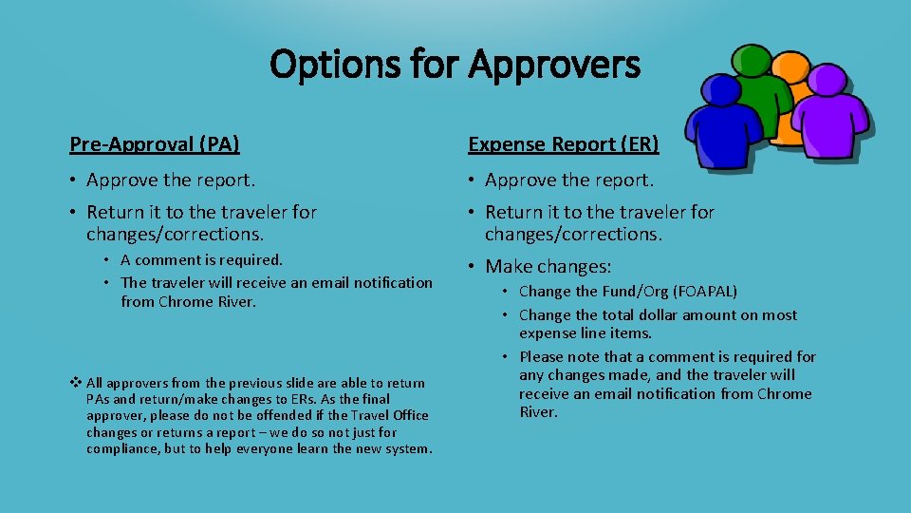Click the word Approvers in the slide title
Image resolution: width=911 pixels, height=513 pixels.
click(x=554, y=65)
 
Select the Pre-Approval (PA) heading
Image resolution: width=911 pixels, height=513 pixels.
click(x=155, y=144)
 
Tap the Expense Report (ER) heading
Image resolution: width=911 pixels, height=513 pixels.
click(x=564, y=144)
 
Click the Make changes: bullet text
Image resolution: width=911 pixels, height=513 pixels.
click(x=548, y=267)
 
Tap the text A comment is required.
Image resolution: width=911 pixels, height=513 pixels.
click(x=202, y=259)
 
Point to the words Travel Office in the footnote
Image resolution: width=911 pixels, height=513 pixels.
click(x=390, y=415)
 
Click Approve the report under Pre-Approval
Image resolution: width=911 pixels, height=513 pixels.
click(x=171, y=180)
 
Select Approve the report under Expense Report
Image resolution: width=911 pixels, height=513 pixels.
click(x=569, y=180)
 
